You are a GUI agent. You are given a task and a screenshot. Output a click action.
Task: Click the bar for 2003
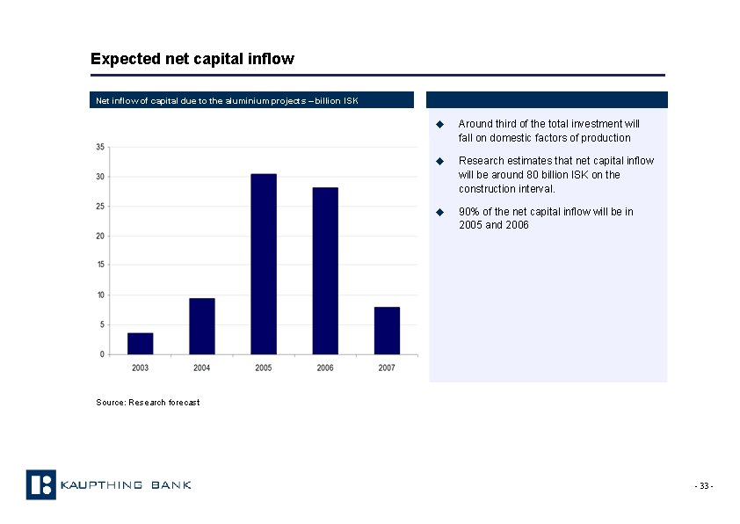pyautogui.click(x=140, y=343)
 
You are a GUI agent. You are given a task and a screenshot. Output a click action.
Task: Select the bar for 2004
pyautogui.click(x=201, y=326)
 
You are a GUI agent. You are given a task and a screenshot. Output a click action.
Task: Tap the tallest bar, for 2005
pyautogui.click(x=263, y=264)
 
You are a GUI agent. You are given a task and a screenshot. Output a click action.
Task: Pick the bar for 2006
pyautogui.click(x=325, y=271)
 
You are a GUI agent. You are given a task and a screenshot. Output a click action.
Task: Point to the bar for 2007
pyautogui.click(x=387, y=331)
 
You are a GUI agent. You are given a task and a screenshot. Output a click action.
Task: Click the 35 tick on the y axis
pyautogui.click(x=100, y=147)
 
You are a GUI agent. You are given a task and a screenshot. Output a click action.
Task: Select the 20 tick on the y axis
pyautogui.click(x=100, y=236)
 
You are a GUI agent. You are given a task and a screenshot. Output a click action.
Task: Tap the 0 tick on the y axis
pyautogui.click(x=102, y=354)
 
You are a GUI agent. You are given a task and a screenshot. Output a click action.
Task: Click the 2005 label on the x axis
pyautogui.click(x=263, y=368)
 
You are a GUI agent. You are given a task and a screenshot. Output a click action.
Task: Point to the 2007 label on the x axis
pyautogui.click(x=387, y=368)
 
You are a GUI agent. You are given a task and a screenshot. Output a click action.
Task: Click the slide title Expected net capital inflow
pyautogui.click(x=192, y=59)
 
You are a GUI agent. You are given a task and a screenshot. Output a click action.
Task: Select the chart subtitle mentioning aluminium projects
pyautogui.click(x=227, y=100)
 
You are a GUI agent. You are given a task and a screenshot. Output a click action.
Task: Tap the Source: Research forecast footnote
pyautogui.click(x=148, y=403)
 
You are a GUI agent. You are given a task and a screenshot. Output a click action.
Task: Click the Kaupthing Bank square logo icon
pyautogui.click(x=40, y=484)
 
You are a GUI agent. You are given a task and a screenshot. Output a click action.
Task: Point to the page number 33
pyautogui.click(x=704, y=487)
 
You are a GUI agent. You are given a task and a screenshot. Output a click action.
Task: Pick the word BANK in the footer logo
pyautogui.click(x=171, y=485)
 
